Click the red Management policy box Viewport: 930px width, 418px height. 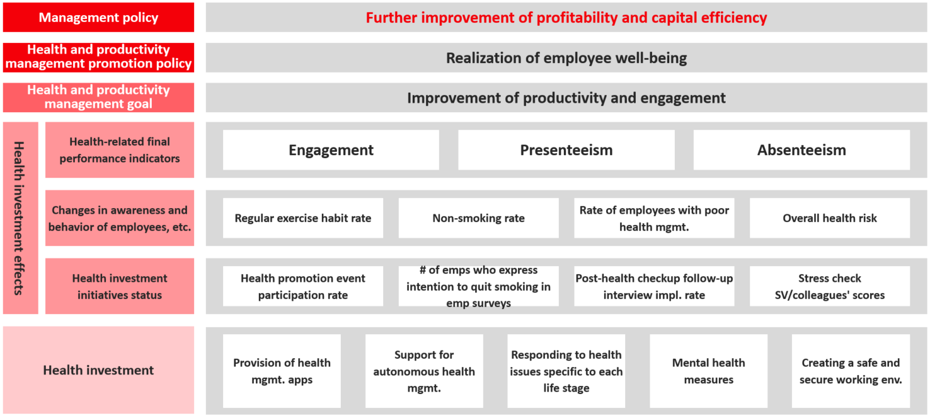click(x=98, y=18)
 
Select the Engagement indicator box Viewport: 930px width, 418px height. click(x=331, y=150)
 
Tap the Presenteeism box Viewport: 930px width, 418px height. click(x=566, y=150)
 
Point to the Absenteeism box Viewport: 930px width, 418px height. click(x=801, y=150)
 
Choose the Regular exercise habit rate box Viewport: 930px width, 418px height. click(x=303, y=218)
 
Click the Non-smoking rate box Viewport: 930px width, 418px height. click(x=479, y=218)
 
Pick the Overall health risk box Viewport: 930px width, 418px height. click(x=830, y=218)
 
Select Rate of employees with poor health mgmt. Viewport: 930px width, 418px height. click(x=654, y=218)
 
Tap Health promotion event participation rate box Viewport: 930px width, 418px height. click(x=303, y=286)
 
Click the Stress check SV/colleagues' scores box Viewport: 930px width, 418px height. click(x=830, y=286)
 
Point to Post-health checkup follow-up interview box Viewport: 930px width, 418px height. click(x=654, y=286)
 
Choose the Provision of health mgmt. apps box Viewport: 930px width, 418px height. click(x=282, y=371)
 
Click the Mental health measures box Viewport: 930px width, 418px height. click(x=709, y=371)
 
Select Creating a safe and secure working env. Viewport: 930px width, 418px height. click(x=851, y=371)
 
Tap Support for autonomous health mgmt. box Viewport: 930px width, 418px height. click(x=424, y=371)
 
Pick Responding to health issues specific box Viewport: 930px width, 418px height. click(x=566, y=371)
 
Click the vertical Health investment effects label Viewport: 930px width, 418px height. click(x=19, y=218)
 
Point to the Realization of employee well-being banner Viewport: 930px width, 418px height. click(x=566, y=58)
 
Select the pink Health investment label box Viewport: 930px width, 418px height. click(x=98, y=370)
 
